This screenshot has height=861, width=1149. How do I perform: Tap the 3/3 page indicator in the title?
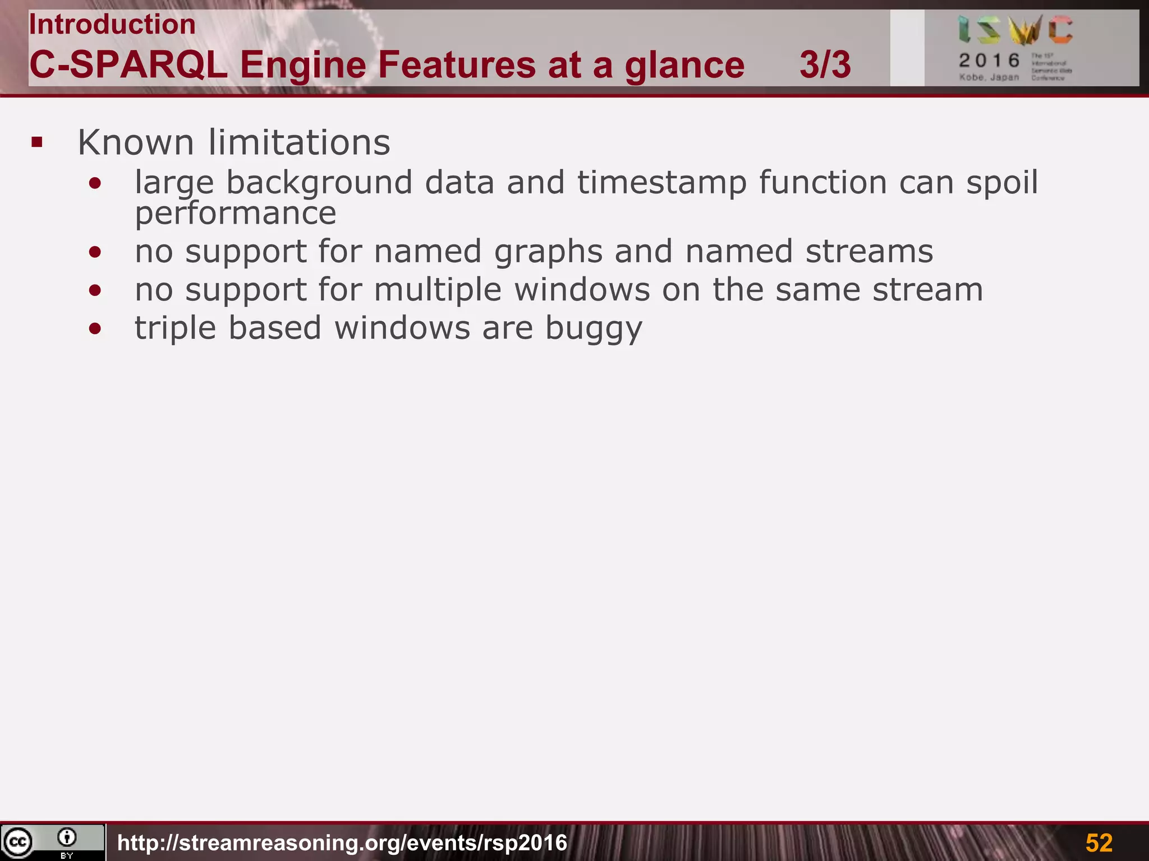pyautogui.click(x=825, y=65)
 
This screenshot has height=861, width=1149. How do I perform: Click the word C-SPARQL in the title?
pyautogui.click(x=128, y=65)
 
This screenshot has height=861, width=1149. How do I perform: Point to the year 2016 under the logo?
pyautogui.click(x=989, y=60)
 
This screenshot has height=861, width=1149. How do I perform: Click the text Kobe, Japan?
pyautogui.click(x=989, y=77)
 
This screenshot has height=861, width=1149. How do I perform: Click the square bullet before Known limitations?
pyautogui.click(x=37, y=142)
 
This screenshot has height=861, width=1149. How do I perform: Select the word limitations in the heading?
pyautogui.click(x=299, y=142)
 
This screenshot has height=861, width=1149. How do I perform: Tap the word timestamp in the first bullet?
pyautogui.click(x=662, y=183)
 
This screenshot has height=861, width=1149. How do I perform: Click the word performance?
pyautogui.click(x=236, y=214)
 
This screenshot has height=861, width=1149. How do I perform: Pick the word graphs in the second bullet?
pyautogui.click(x=548, y=252)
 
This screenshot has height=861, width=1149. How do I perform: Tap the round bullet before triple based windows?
pyautogui.click(x=95, y=329)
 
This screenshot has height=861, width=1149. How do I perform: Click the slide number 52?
pyautogui.click(x=1099, y=843)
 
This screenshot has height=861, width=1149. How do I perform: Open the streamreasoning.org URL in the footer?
pyautogui.click(x=342, y=843)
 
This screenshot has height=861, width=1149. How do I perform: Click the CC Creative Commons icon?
pyautogui.click(x=18, y=841)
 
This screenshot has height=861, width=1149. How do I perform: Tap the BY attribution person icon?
pyautogui.click(x=67, y=838)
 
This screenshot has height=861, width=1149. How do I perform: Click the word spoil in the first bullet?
pyautogui.click(x=1002, y=183)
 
